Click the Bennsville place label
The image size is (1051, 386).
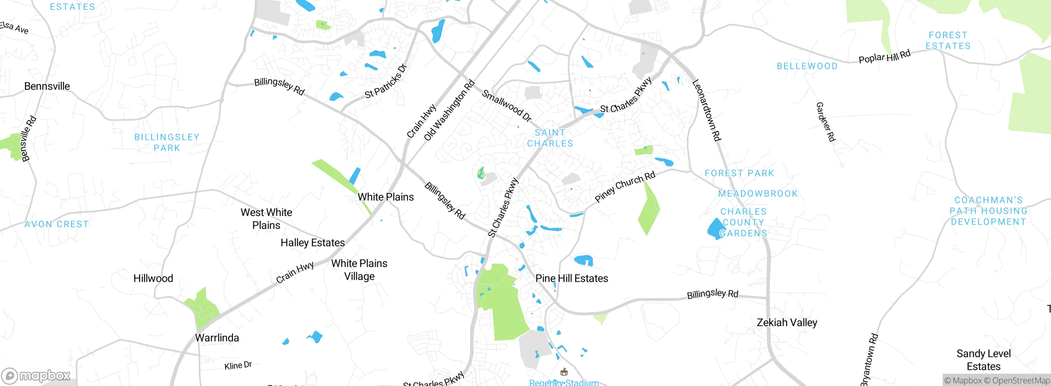(47, 86)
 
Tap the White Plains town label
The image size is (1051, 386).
(386, 197)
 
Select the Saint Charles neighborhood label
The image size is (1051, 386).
(550, 138)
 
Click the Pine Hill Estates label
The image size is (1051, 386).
(571, 278)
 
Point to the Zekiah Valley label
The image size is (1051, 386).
(787, 323)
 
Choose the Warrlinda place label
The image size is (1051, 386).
(217, 338)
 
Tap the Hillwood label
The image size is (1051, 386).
(153, 278)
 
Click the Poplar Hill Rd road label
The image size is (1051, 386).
(884, 57)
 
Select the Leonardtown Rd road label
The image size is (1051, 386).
(706, 110)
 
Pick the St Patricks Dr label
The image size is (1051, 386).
(385, 82)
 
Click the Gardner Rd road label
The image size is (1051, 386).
(825, 122)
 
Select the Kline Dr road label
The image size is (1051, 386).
(238, 365)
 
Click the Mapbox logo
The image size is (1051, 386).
(36, 376)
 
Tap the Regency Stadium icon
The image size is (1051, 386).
(564, 372)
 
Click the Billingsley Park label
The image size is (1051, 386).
(167, 142)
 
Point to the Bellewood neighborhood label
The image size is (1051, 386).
(807, 66)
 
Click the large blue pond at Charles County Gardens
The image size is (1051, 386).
(715, 228)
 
